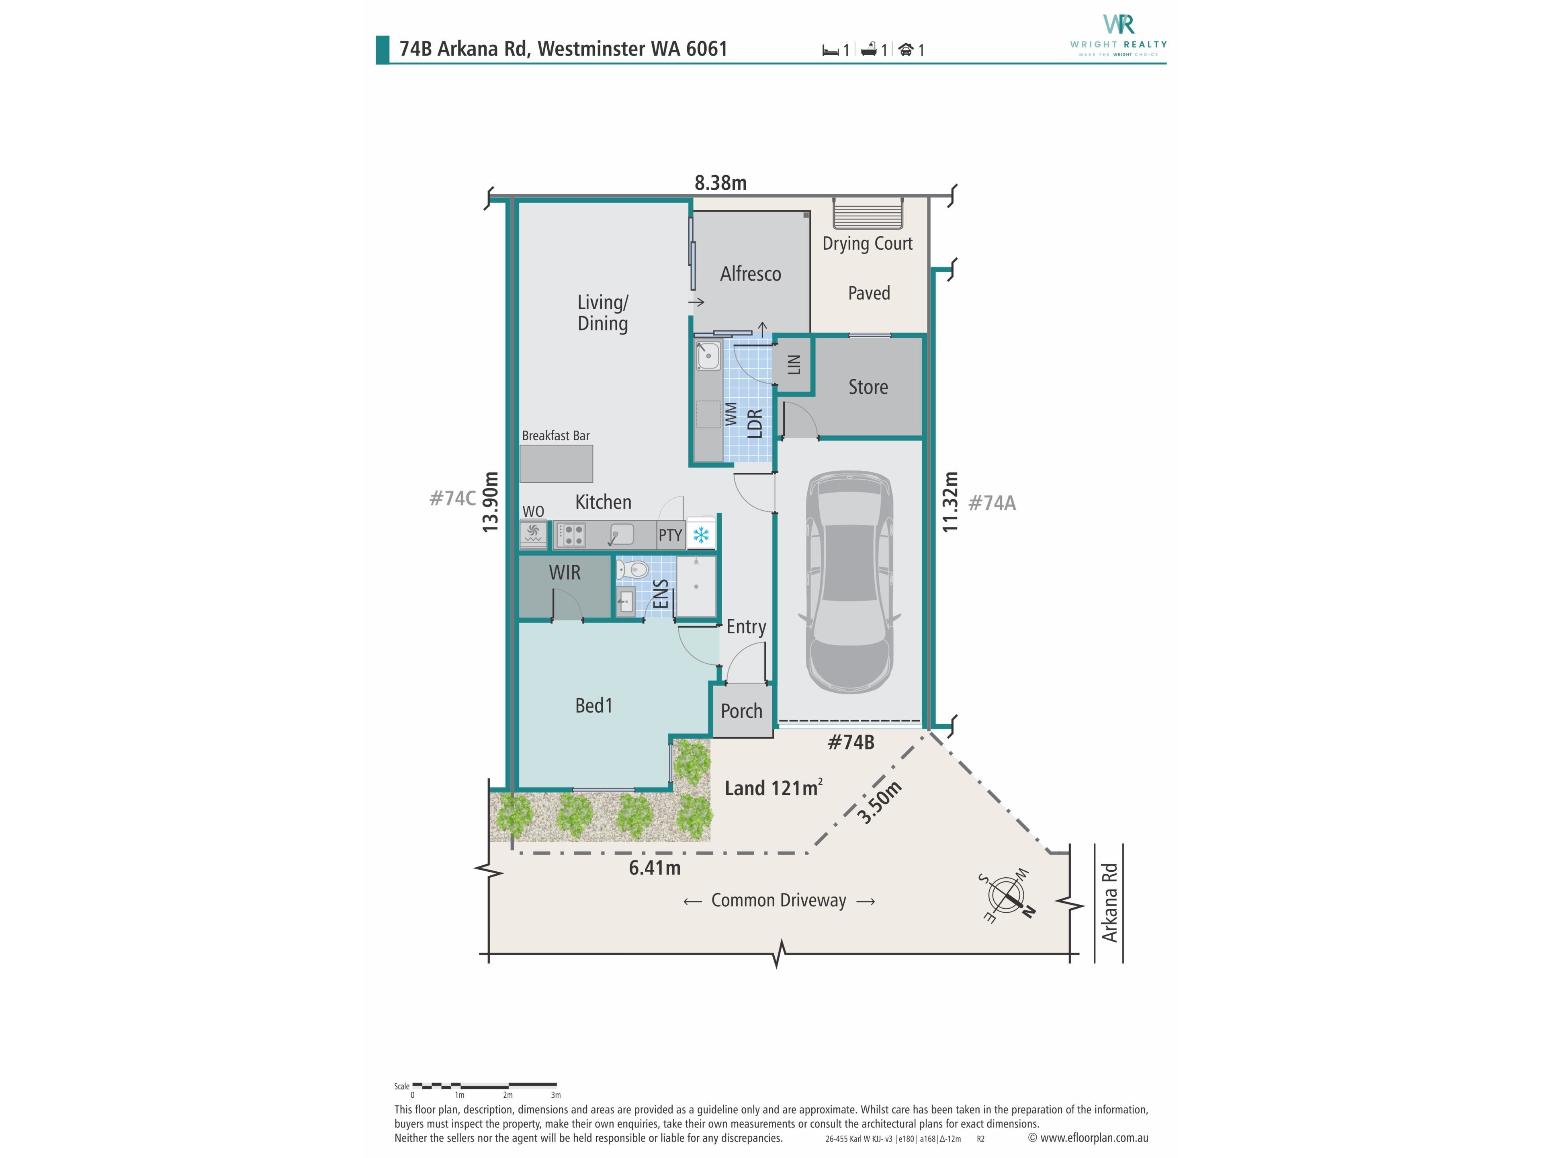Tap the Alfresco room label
point(751,274)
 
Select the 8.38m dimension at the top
point(720,183)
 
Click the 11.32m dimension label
point(950,502)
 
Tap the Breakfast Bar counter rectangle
point(556,464)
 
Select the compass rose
point(1007,897)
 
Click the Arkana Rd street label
point(1109,903)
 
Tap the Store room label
point(868,387)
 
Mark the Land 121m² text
point(774,788)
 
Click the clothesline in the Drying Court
point(868,212)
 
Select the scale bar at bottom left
point(485,1085)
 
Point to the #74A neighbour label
point(992,503)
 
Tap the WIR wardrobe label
point(564,573)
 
